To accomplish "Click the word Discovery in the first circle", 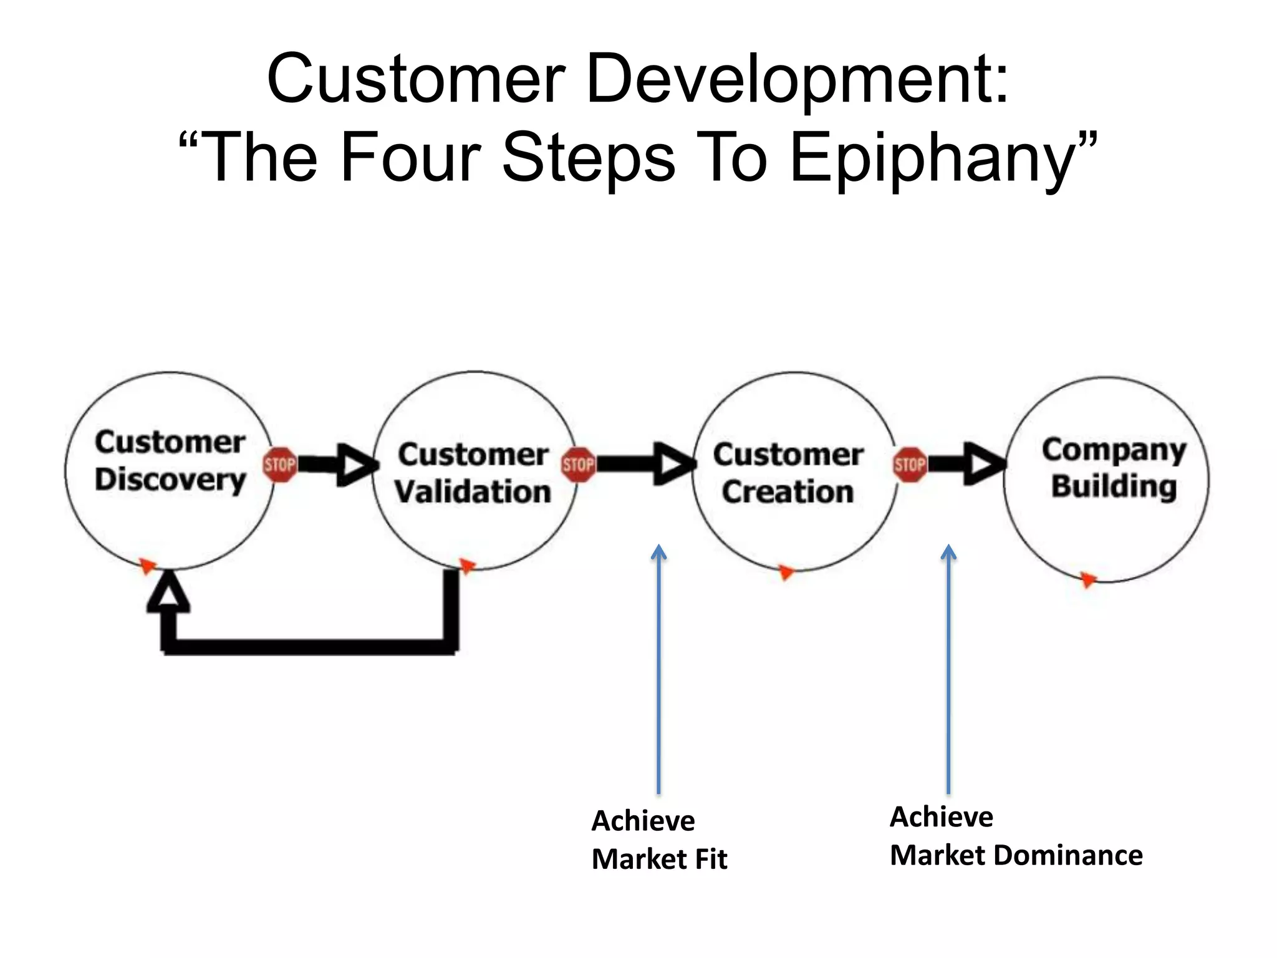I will tap(170, 480).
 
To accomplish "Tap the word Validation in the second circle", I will tap(473, 491).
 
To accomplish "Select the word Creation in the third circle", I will tap(788, 491).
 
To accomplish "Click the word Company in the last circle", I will tap(1114, 450).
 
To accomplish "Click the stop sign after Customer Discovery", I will tap(279, 465).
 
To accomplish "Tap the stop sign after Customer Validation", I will tap(578, 465).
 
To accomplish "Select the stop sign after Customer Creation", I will tap(910, 465).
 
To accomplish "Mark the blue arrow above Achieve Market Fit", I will tap(658, 667).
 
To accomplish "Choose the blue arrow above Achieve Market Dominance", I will tap(948, 667).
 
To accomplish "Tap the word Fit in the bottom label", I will tap(711, 859).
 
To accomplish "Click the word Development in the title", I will tap(796, 80).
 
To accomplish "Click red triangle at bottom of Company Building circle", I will tap(1088, 580).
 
